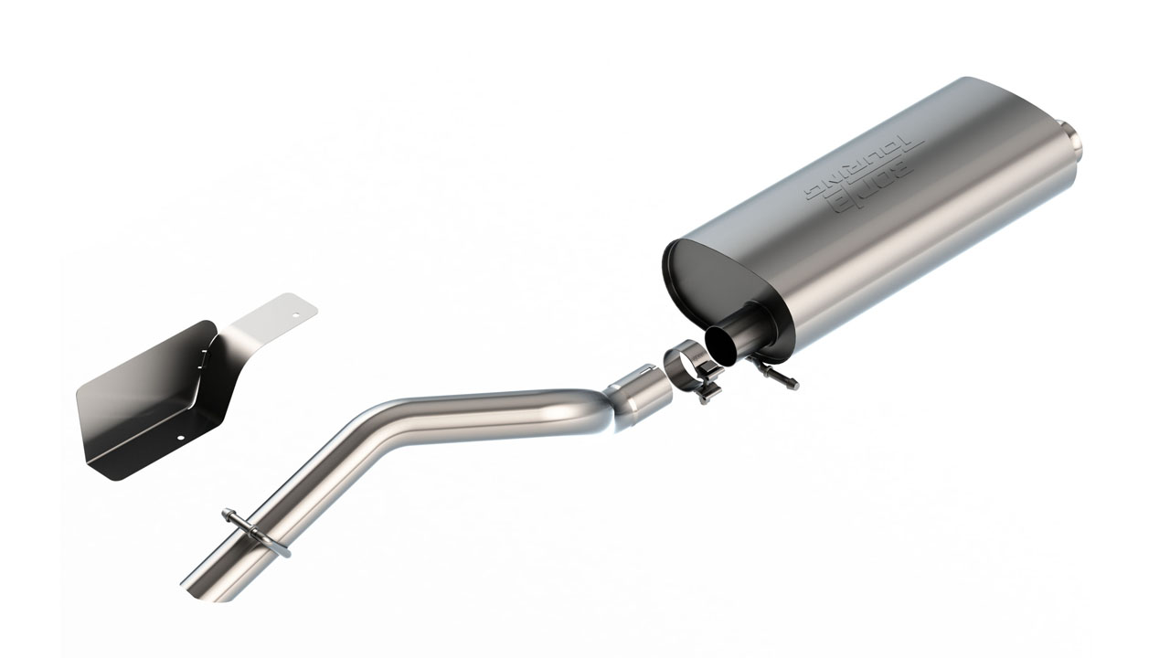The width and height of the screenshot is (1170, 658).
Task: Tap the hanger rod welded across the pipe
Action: pos(256,532)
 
